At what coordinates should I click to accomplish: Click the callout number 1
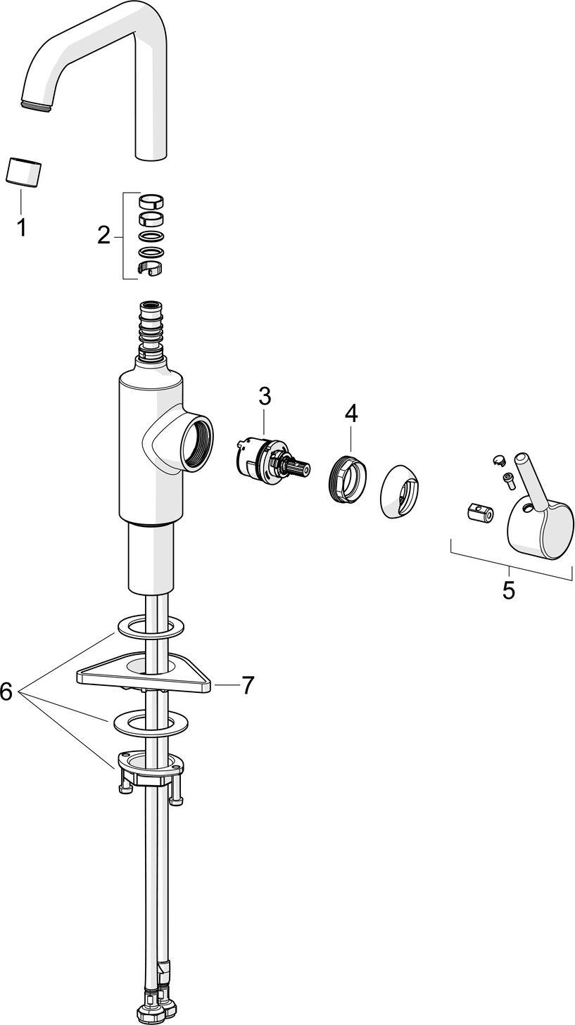tap(20, 227)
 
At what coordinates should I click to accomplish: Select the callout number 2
tap(104, 236)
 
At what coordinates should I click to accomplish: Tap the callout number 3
tap(265, 396)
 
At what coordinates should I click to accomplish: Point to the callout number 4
tap(351, 413)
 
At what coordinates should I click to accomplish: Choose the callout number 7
tap(247, 685)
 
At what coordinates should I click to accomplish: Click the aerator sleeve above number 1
tap(23, 172)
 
